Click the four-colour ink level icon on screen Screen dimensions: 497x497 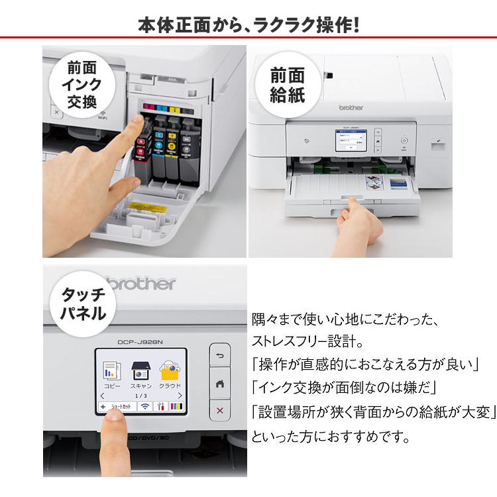pyautogui.click(x=176, y=407)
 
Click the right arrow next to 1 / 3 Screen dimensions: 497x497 pyautogui.click(x=179, y=395)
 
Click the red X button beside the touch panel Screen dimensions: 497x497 pyautogui.click(x=220, y=411)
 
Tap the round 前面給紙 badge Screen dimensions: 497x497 pyautogui.click(x=287, y=84)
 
